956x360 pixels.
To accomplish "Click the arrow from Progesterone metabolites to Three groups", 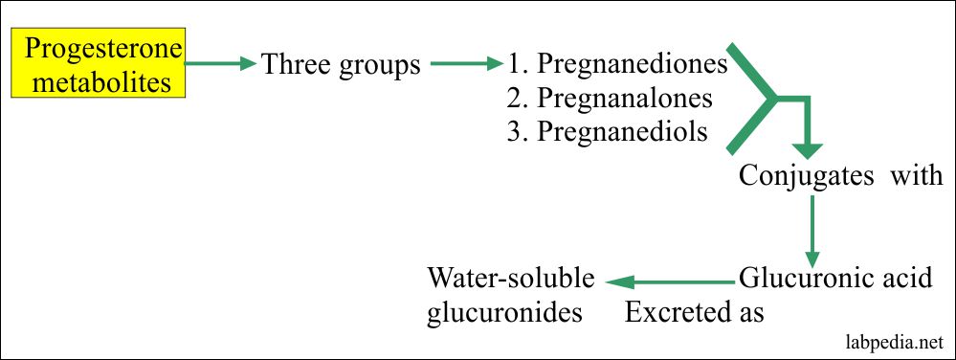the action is [x=222, y=65].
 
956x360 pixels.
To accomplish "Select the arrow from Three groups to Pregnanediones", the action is [x=466, y=65].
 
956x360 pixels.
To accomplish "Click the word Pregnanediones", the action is [x=632, y=65].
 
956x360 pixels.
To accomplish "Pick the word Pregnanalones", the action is [x=625, y=99].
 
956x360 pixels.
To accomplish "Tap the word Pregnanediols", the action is [x=623, y=132].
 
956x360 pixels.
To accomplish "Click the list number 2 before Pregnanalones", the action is [x=516, y=99].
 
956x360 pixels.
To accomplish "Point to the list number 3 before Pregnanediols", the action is [x=516, y=132].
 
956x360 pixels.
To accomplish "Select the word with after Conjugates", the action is [x=918, y=176].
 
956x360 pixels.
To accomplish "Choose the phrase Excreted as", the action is [x=695, y=312].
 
